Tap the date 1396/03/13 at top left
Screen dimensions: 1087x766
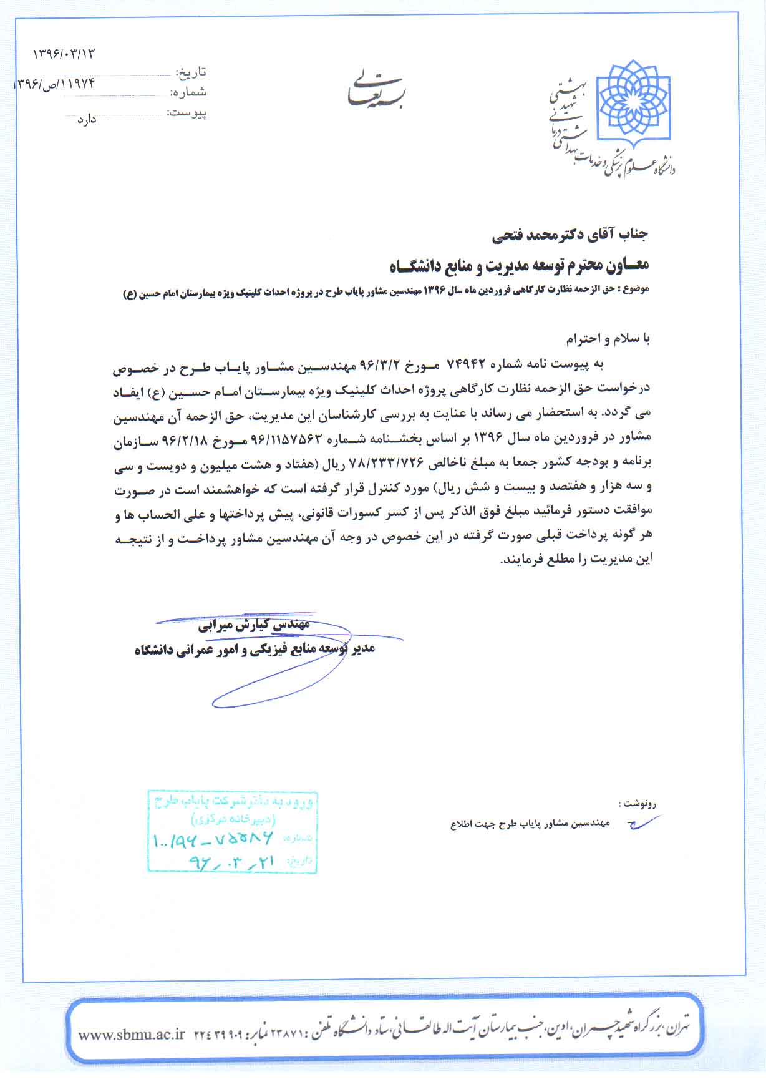click(64, 54)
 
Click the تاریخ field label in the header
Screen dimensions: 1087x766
click(192, 72)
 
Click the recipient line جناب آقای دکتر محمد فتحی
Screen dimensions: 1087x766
click(570, 235)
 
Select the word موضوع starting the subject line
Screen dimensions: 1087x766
click(636, 290)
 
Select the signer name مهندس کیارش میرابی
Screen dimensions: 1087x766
click(254, 625)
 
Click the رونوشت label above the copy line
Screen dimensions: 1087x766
click(636, 804)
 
